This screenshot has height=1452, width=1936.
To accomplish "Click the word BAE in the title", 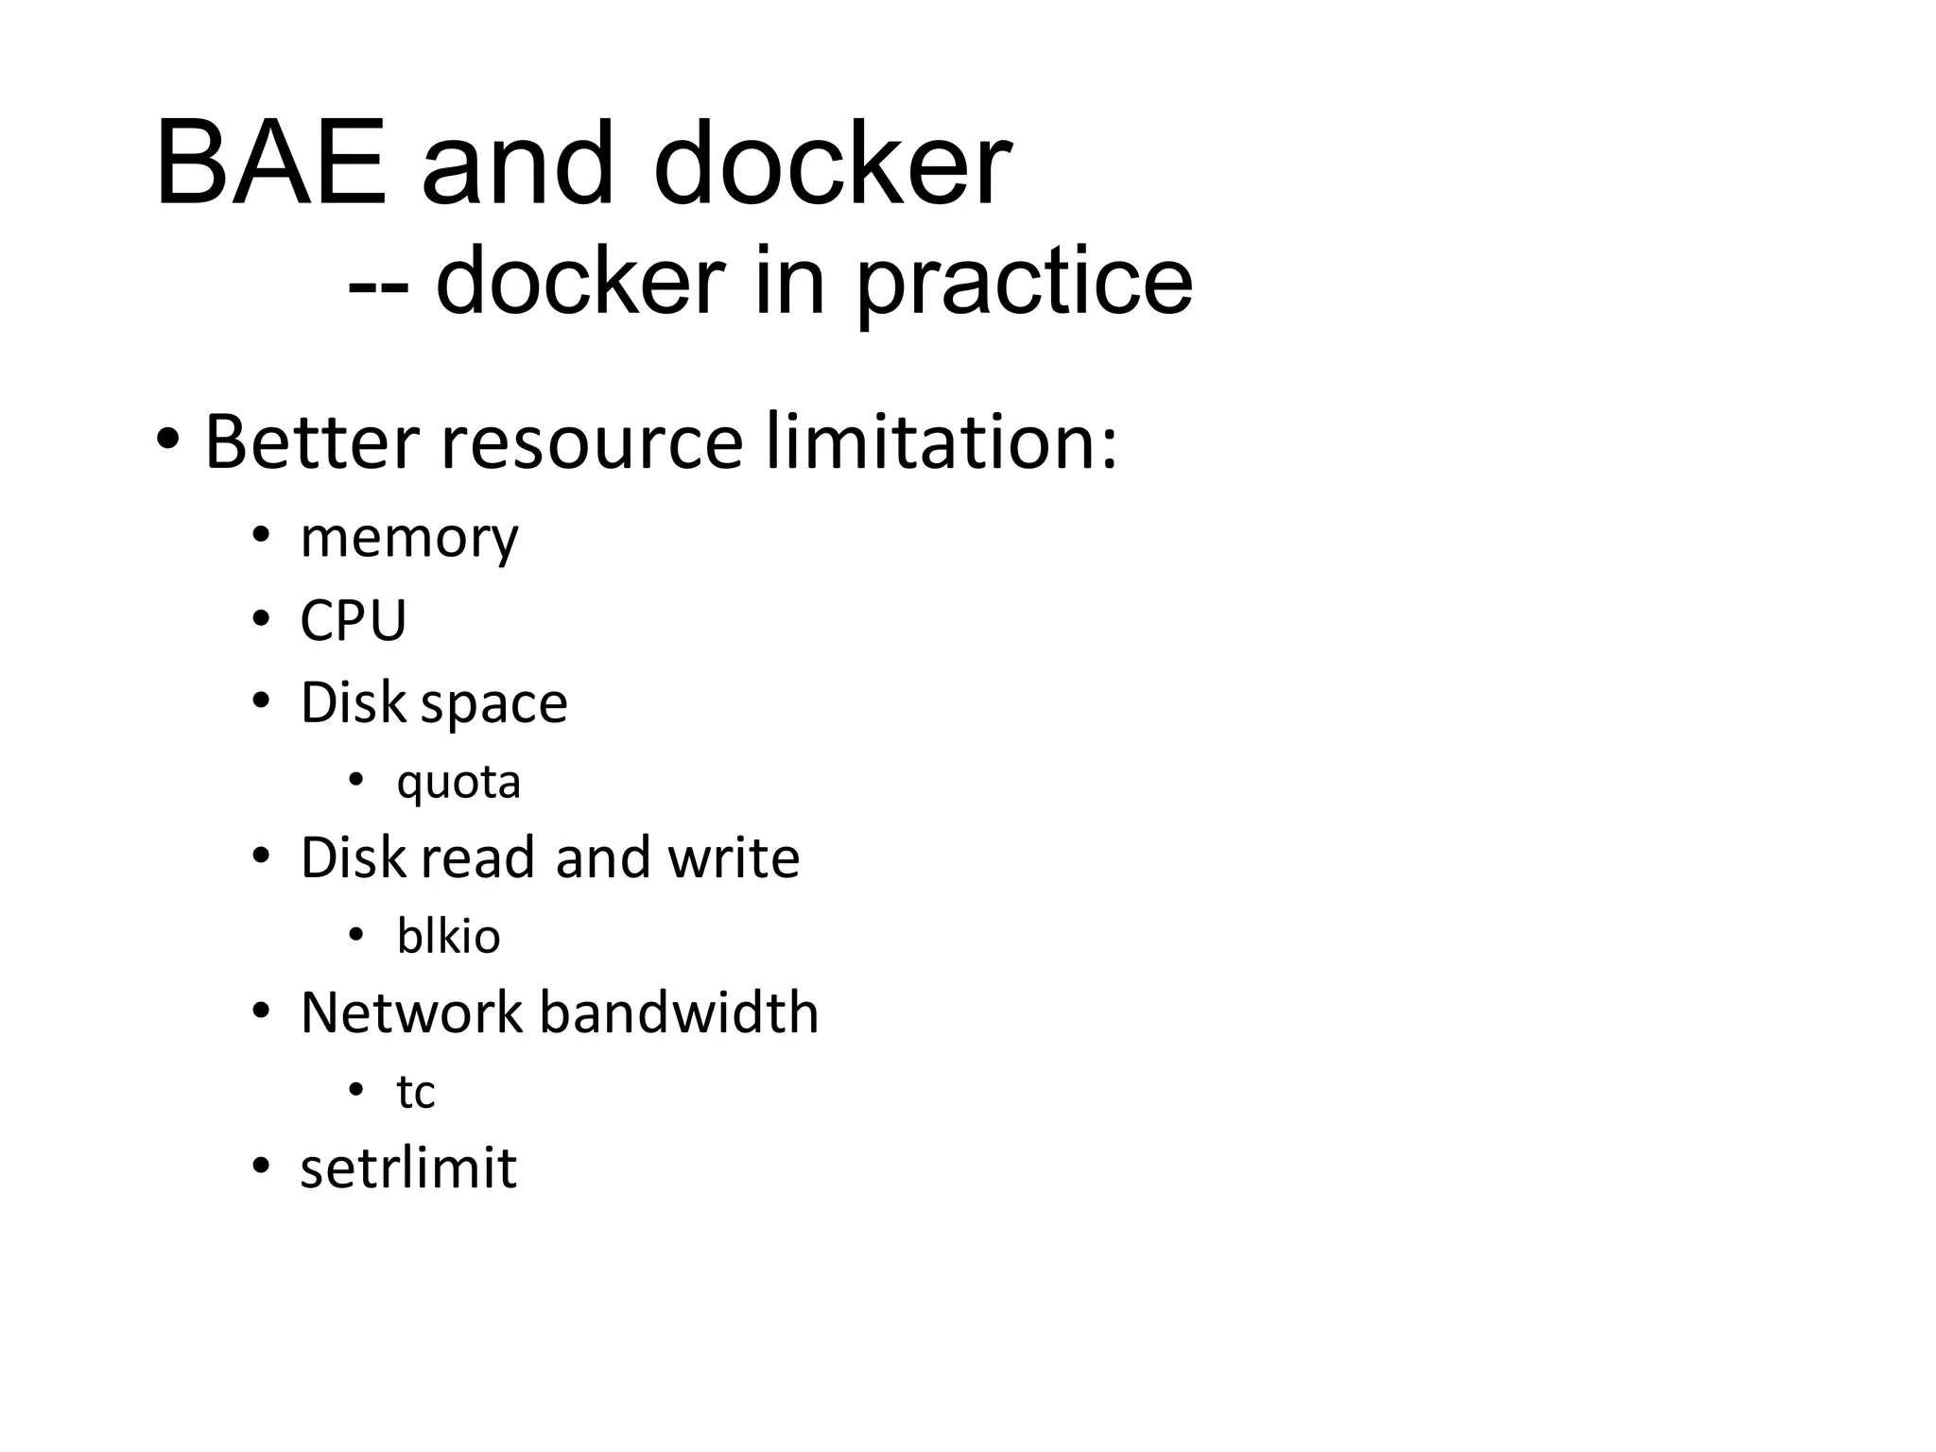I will coord(271,164).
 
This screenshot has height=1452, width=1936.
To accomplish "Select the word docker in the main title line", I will coord(832,164).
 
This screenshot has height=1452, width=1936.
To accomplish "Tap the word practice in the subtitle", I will coord(1024,282).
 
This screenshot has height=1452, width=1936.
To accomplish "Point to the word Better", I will coord(312,441).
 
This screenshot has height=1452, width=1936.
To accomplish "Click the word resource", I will coord(592,441).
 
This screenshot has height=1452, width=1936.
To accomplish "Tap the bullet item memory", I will coord(409,539).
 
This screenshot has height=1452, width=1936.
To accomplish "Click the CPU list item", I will coord(353,621).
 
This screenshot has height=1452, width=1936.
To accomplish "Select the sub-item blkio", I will coord(448,937).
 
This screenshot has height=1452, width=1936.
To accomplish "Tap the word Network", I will coord(411,1013).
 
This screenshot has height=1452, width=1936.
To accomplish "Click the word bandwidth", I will coord(679,1013).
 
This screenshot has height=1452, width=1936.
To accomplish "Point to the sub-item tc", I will coord(415,1093).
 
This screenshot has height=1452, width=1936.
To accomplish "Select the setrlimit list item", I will coord(408,1168).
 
